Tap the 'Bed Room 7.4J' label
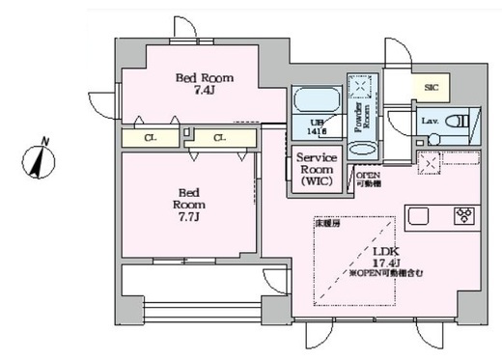[204, 84]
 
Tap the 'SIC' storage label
[431, 87]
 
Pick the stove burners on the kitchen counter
[460, 216]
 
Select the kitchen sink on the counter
[418, 216]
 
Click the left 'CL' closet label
[151, 138]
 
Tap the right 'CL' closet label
[220, 138]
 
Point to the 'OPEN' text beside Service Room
[369, 175]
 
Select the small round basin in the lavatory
[432, 139]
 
